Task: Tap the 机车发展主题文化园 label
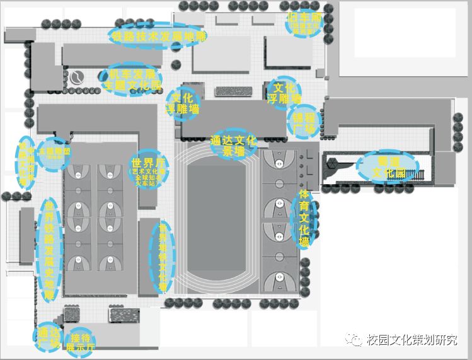[x=131, y=78]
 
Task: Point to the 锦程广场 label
[x=304, y=122]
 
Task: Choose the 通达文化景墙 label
[x=233, y=145]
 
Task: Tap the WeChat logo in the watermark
[x=354, y=340]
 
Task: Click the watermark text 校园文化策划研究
[x=412, y=340]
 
